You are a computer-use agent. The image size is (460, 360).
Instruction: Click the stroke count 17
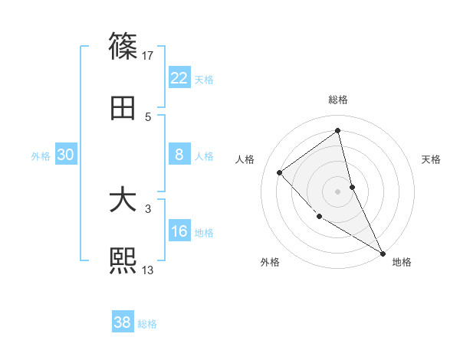click(x=148, y=55)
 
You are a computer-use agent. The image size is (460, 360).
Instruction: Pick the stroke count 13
click(x=148, y=270)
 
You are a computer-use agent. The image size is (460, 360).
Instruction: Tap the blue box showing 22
click(x=179, y=78)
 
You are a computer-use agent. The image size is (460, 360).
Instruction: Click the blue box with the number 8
click(x=179, y=155)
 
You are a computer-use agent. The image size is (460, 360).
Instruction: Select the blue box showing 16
click(x=179, y=231)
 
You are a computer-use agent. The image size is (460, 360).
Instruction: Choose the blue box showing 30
click(x=65, y=155)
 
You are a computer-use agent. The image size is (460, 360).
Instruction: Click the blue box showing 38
click(x=123, y=322)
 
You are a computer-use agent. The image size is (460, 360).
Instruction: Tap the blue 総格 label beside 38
click(x=147, y=324)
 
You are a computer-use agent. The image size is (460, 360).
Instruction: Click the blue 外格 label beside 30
click(x=41, y=156)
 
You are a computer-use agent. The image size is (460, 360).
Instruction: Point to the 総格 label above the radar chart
click(x=338, y=100)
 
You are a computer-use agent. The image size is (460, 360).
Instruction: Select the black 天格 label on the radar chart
click(x=432, y=159)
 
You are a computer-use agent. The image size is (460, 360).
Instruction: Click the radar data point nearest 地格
click(x=383, y=252)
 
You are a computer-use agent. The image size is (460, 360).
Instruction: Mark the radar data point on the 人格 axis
click(x=280, y=172)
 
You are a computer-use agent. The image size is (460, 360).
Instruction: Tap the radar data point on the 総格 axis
click(x=338, y=130)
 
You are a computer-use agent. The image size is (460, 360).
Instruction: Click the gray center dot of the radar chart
click(x=338, y=191)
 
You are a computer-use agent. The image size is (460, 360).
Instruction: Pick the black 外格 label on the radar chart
click(x=270, y=262)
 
